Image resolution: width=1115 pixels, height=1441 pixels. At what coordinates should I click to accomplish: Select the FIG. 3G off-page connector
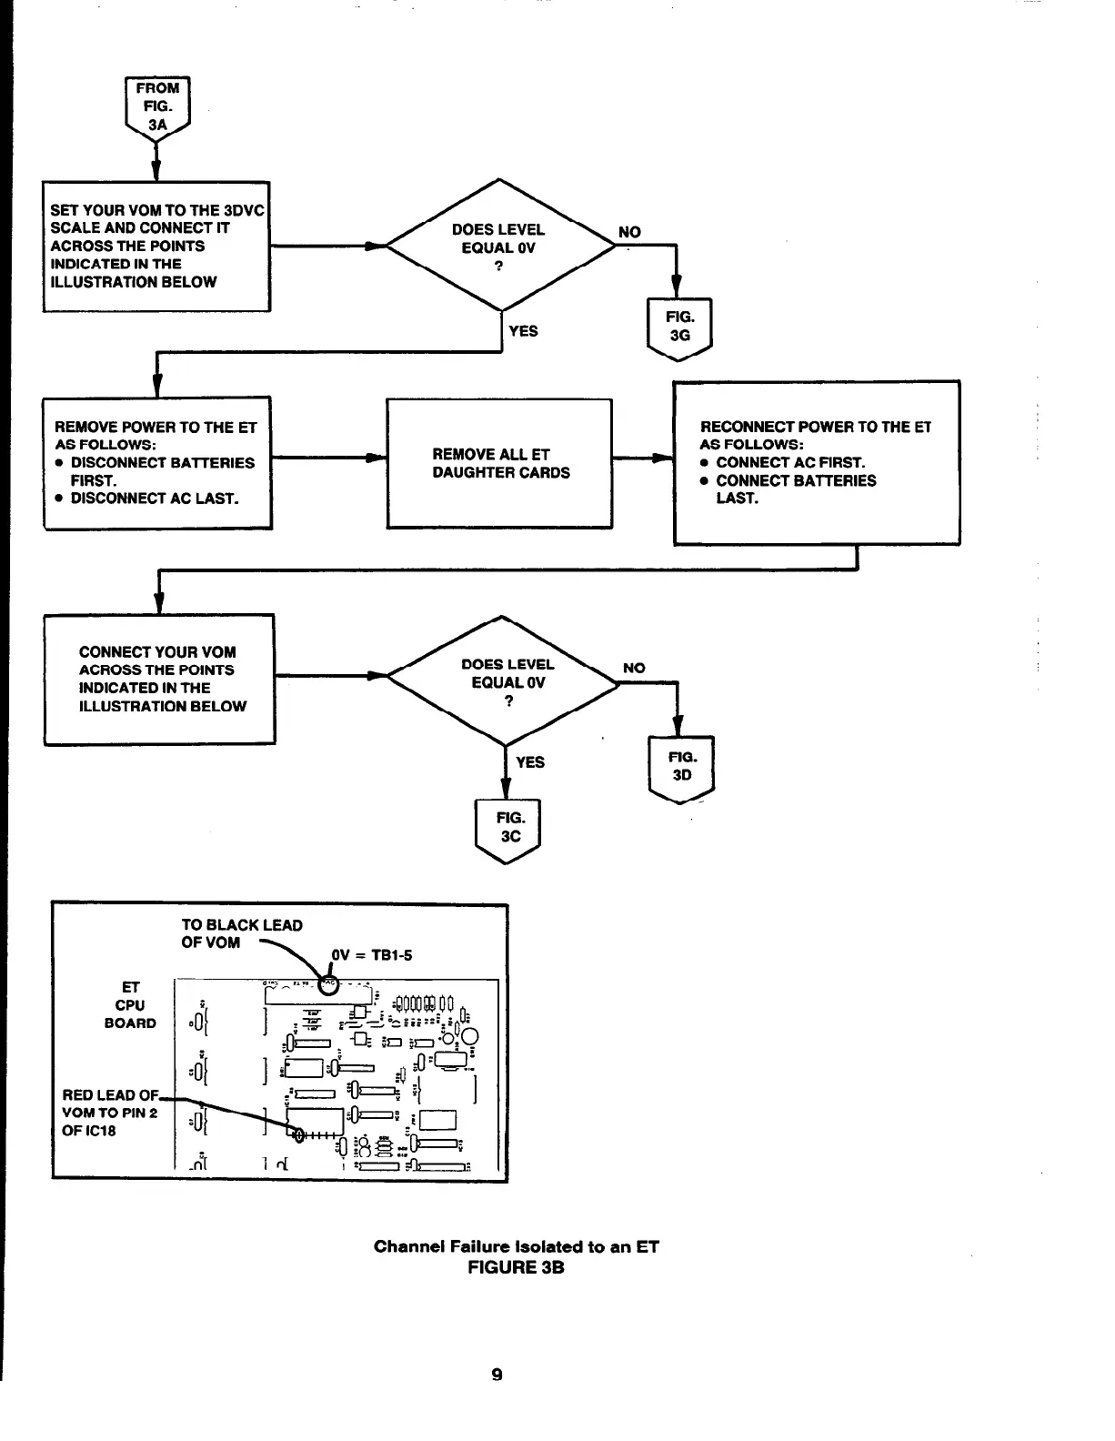point(678,327)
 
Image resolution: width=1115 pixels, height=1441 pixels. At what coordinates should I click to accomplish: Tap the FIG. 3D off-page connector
point(681,767)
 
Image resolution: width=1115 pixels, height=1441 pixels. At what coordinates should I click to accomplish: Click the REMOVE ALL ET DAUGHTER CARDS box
point(499,463)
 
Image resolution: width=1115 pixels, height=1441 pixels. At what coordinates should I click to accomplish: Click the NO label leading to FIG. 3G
point(629,232)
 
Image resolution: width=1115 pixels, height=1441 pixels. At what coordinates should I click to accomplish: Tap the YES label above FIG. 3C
point(530,762)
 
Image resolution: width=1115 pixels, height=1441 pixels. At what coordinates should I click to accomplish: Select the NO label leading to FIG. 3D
point(634,668)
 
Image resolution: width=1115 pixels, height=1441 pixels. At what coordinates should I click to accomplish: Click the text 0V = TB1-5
point(372,955)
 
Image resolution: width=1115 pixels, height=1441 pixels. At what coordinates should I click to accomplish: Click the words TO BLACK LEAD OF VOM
point(241,933)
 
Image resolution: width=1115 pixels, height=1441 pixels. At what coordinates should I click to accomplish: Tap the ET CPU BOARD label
point(130,1005)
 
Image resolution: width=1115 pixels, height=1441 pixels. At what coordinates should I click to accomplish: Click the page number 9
point(497,1375)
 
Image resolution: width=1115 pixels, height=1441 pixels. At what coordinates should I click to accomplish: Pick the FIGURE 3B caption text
point(516,1267)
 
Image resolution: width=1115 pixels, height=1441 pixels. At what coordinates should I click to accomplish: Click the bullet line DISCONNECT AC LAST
point(154,499)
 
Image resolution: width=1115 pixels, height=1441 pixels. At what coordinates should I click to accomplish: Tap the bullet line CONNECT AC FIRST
point(789,462)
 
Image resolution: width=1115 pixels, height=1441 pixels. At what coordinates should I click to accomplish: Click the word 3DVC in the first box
point(244,210)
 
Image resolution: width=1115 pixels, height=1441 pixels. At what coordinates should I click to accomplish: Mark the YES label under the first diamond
point(523,331)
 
